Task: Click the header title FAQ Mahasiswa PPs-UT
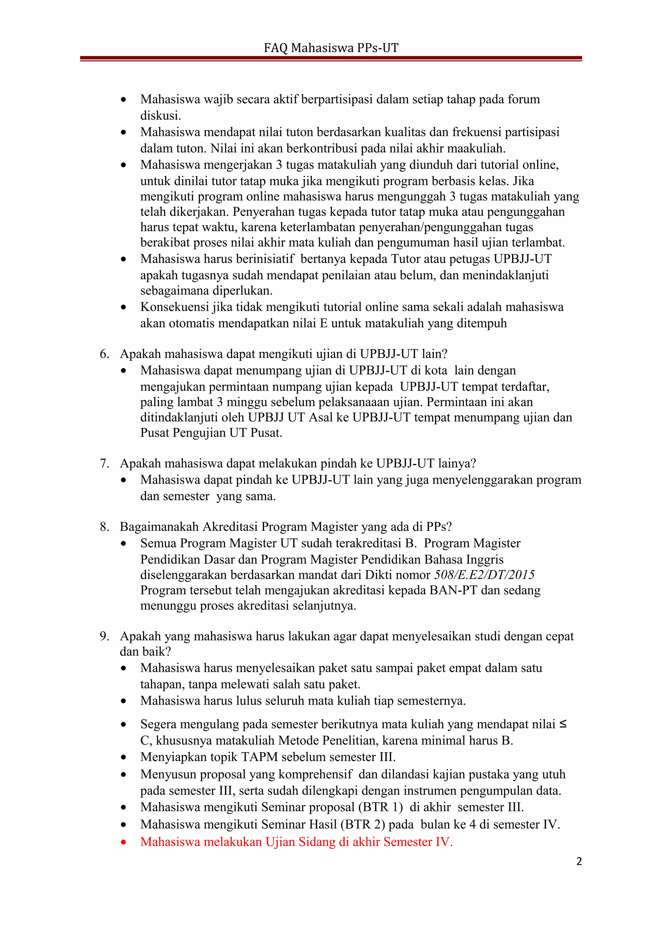(331, 48)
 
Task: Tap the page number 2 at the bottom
(579, 861)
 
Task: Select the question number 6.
(104, 354)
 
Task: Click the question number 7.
(104, 463)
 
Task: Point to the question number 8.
(104, 527)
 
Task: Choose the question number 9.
(104, 636)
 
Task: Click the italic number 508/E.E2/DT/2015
(484, 575)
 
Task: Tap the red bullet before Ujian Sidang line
(123, 842)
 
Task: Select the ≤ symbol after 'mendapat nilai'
(563, 724)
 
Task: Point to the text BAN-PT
(453, 590)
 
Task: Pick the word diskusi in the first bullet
(160, 116)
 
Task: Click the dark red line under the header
(331, 59)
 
